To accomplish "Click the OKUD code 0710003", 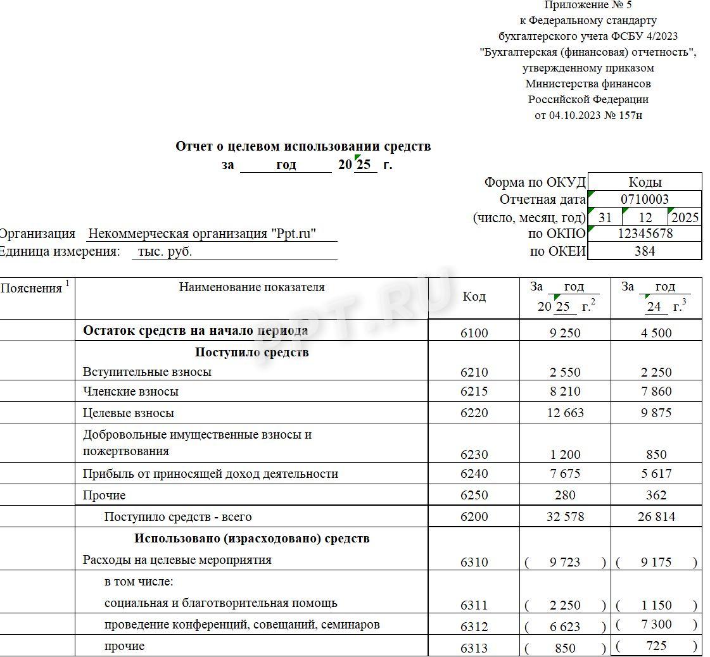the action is [645, 199].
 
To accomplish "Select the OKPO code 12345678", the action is [645, 234].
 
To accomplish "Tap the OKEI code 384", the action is [645, 251].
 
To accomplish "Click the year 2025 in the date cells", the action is [685, 218].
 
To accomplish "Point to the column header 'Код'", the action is [474, 297].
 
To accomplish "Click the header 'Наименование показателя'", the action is [251, 287].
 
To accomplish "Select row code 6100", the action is [474, 333].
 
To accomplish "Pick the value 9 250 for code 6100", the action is [565, 333].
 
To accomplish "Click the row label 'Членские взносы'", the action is [130, 392].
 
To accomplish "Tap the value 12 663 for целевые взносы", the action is [565, 413].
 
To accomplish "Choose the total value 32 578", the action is [565, 517].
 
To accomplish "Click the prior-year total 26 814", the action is [656, 517].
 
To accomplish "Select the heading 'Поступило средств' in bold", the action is [251, 353].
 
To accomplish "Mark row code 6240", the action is [474, 474].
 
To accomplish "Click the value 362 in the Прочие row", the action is [656, 496].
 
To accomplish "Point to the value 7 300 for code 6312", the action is [656, 625].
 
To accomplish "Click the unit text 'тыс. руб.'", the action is [165, 251].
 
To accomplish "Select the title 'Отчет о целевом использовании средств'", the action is [303, 146].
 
